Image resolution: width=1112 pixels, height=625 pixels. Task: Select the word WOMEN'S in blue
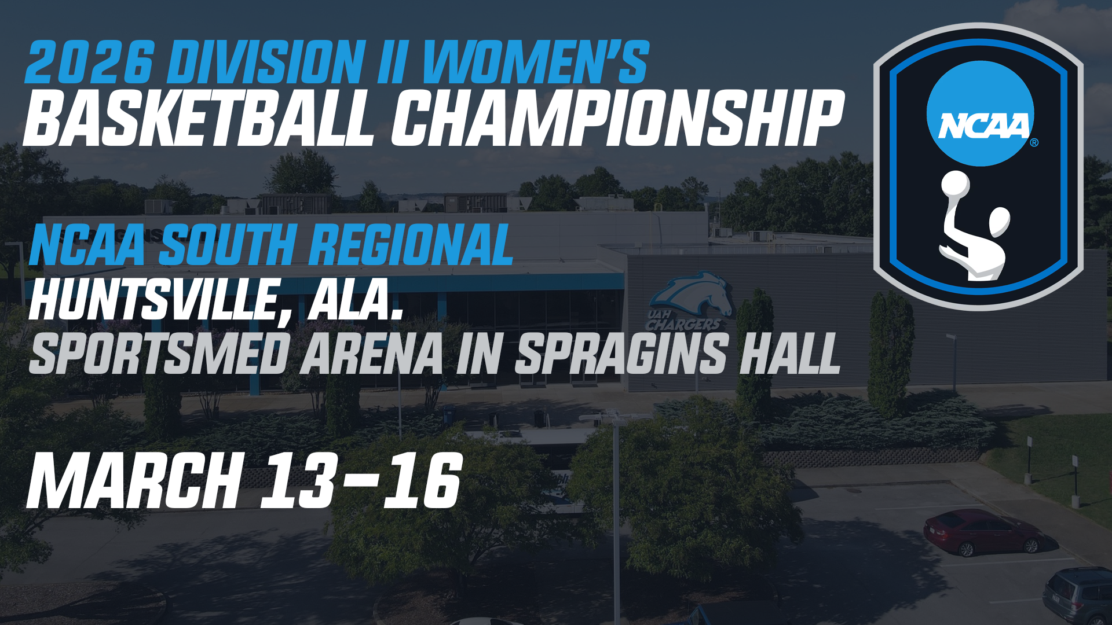tap(535, 62)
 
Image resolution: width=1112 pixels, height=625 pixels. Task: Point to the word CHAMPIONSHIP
tap(616, 119)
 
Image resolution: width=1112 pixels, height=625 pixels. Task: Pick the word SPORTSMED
tap(159, 354)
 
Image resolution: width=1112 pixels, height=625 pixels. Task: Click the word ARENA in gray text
tap(371, 354)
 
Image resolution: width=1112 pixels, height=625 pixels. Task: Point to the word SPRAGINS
tap(620, 354)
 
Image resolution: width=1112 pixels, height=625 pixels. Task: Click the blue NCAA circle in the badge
tap(980, 114)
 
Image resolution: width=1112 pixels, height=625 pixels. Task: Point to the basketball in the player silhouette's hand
tap(955, 185)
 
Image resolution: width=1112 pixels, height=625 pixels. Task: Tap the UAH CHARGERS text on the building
tap(683, 321)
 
